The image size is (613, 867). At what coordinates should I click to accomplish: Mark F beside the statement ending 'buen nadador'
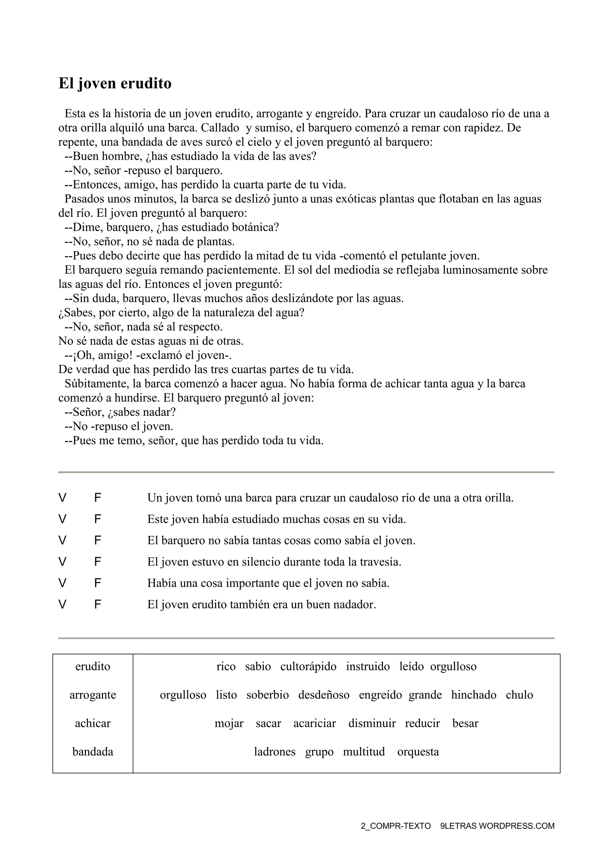pyautogui.click(x=97, y=604)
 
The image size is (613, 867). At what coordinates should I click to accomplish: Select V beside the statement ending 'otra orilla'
pyautogui.click(x=62, y=498)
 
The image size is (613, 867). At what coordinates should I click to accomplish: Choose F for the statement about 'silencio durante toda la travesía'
pyautogui.click(x=97, y=562)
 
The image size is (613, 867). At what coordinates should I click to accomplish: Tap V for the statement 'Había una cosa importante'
pyautogui.click(x=62, y=583)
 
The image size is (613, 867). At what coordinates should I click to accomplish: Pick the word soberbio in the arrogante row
pyautogui.click(x=267, y=695)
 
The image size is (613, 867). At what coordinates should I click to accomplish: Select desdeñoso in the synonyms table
pyautogui.click(x=324, y=695)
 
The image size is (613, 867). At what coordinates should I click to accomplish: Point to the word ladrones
pyautogui.click(x=274, y=751)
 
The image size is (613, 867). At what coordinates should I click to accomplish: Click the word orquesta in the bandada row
pyautogui.click(x=418, y=751)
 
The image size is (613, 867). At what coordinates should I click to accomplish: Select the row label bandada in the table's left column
pyautogui.click(x=92, y=751)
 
